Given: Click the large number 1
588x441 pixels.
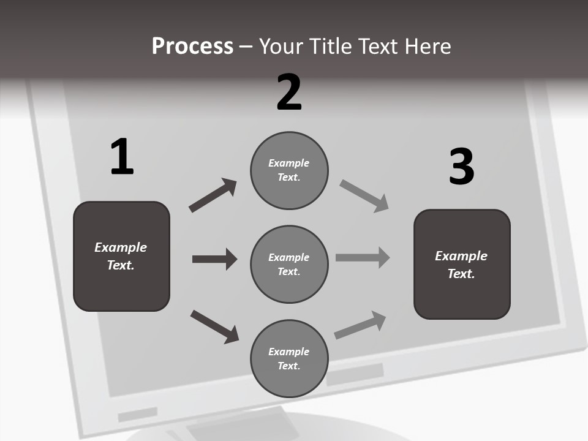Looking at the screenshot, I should click(x=122, y=157).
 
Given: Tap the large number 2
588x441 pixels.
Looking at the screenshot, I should click(x=289, y=92).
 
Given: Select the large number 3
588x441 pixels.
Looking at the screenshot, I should click(x=461, y=167).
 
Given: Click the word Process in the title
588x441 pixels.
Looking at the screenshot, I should click(x=192, y=46).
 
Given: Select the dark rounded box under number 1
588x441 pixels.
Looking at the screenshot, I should click(x=121, y=256).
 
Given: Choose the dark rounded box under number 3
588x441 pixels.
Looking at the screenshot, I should click(x=462, y=264).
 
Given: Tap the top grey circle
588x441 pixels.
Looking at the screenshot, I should click(x=289, y=170).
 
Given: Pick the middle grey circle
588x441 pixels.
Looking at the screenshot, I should click(x=289, y=264).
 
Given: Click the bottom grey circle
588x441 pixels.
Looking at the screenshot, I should click(x=289, y=358).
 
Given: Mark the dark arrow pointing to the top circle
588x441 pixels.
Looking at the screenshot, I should click(x=213, y=195).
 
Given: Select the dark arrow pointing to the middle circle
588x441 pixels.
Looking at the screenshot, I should click(x=214, y=259).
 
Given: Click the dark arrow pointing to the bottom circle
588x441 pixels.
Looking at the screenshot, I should click(x=214, y=326).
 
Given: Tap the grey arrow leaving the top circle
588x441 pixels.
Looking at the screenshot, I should click(x=364, y=196).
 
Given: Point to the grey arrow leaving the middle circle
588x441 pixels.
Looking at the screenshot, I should click(x=363, y=258).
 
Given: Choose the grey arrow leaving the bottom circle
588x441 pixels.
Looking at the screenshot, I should click(x=360, y=325).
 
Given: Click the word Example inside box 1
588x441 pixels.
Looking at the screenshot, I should click(x=121, y=247).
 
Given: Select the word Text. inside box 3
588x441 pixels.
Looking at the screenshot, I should click(x=461, y=274).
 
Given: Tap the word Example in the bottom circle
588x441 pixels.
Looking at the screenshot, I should click(x=289, y=352).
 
